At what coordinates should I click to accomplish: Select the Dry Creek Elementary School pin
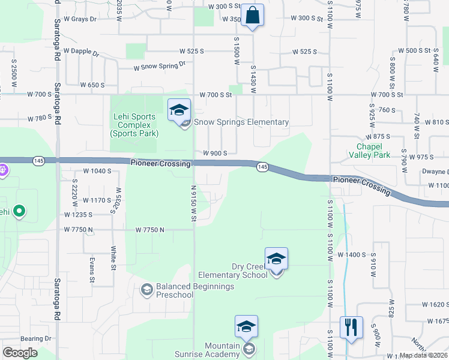276,260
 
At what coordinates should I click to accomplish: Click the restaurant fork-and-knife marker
351,328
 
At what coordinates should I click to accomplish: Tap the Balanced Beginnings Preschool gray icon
146,290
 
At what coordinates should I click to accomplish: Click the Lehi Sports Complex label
133,125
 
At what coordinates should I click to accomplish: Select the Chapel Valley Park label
373,151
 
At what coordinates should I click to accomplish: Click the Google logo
20,353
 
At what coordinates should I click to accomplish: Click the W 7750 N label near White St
150,230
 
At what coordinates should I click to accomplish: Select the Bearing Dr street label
36,339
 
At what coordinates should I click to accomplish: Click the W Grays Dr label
80,19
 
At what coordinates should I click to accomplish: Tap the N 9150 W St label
194,203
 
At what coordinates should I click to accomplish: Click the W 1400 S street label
352,255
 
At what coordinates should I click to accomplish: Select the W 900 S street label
215,153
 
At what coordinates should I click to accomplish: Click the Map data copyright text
423,355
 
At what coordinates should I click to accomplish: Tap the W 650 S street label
92,85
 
